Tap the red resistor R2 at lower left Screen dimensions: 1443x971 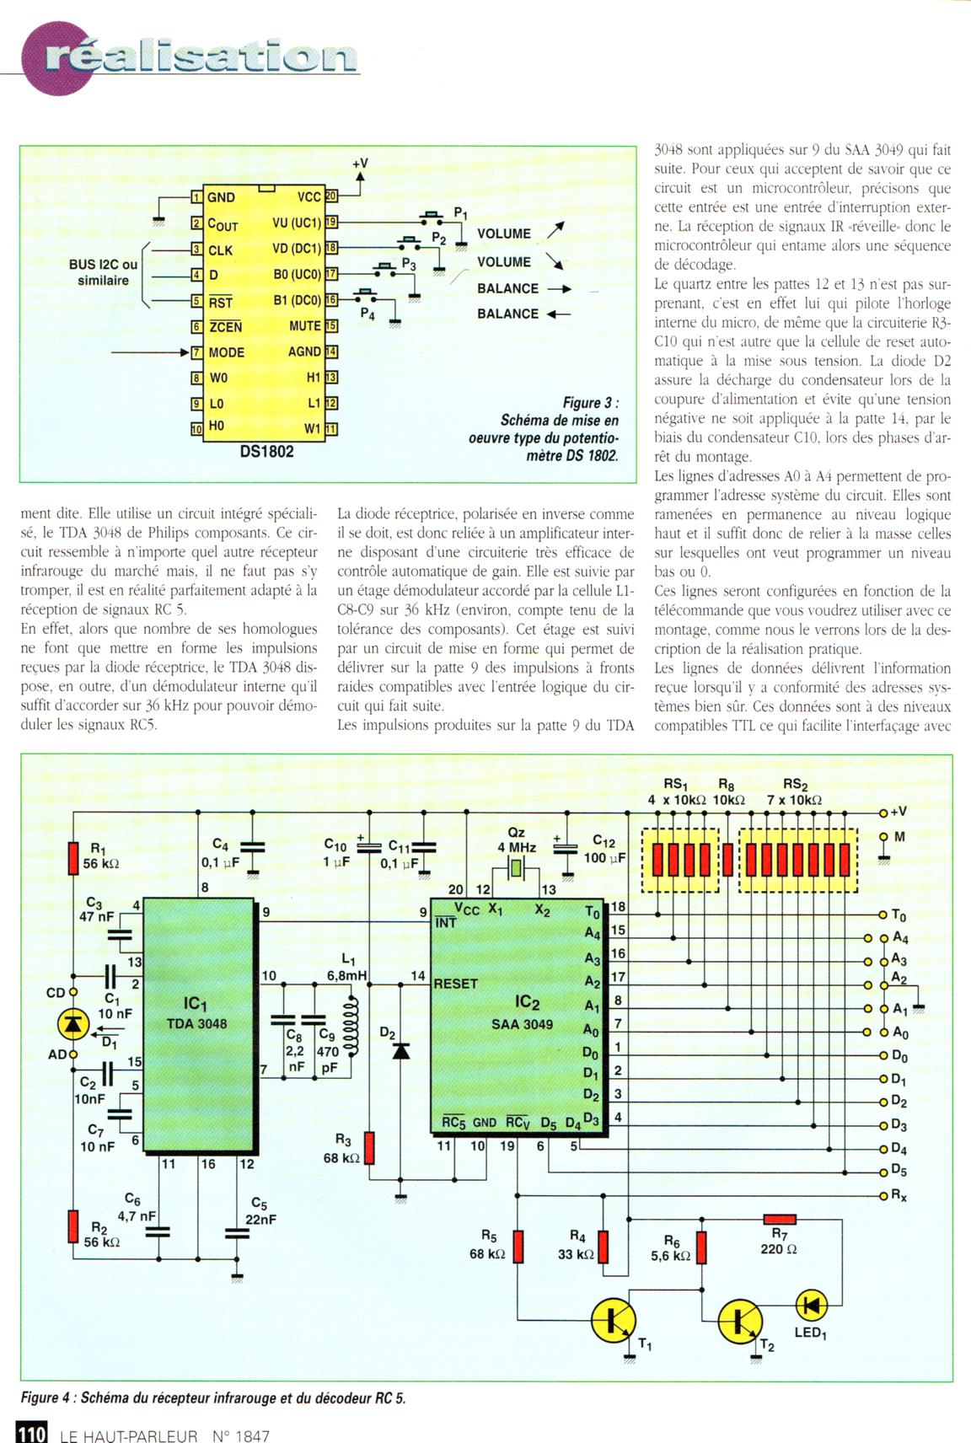72,1225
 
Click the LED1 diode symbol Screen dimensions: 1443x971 811,1305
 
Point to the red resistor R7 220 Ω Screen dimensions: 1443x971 780,1219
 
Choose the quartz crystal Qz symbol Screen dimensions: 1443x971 516,868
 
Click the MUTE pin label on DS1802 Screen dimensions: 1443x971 304,326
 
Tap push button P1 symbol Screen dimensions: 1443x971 432,217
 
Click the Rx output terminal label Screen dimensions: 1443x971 899,1196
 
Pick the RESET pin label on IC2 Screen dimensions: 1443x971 455,983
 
